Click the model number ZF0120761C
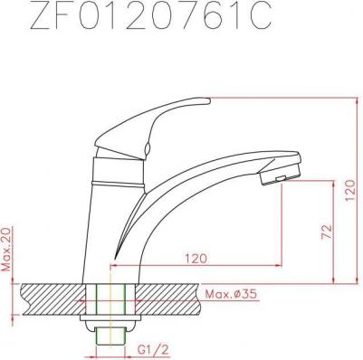tap(151, 16)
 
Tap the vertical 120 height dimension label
tap(350, 191)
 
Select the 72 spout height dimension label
tap(326, 232)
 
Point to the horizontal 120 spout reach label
tap(196, 259)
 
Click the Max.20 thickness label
tap(7, 249)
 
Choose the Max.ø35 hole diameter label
tap(231, 294)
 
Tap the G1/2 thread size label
tap(153, 350)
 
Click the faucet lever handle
tap(152, 120)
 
